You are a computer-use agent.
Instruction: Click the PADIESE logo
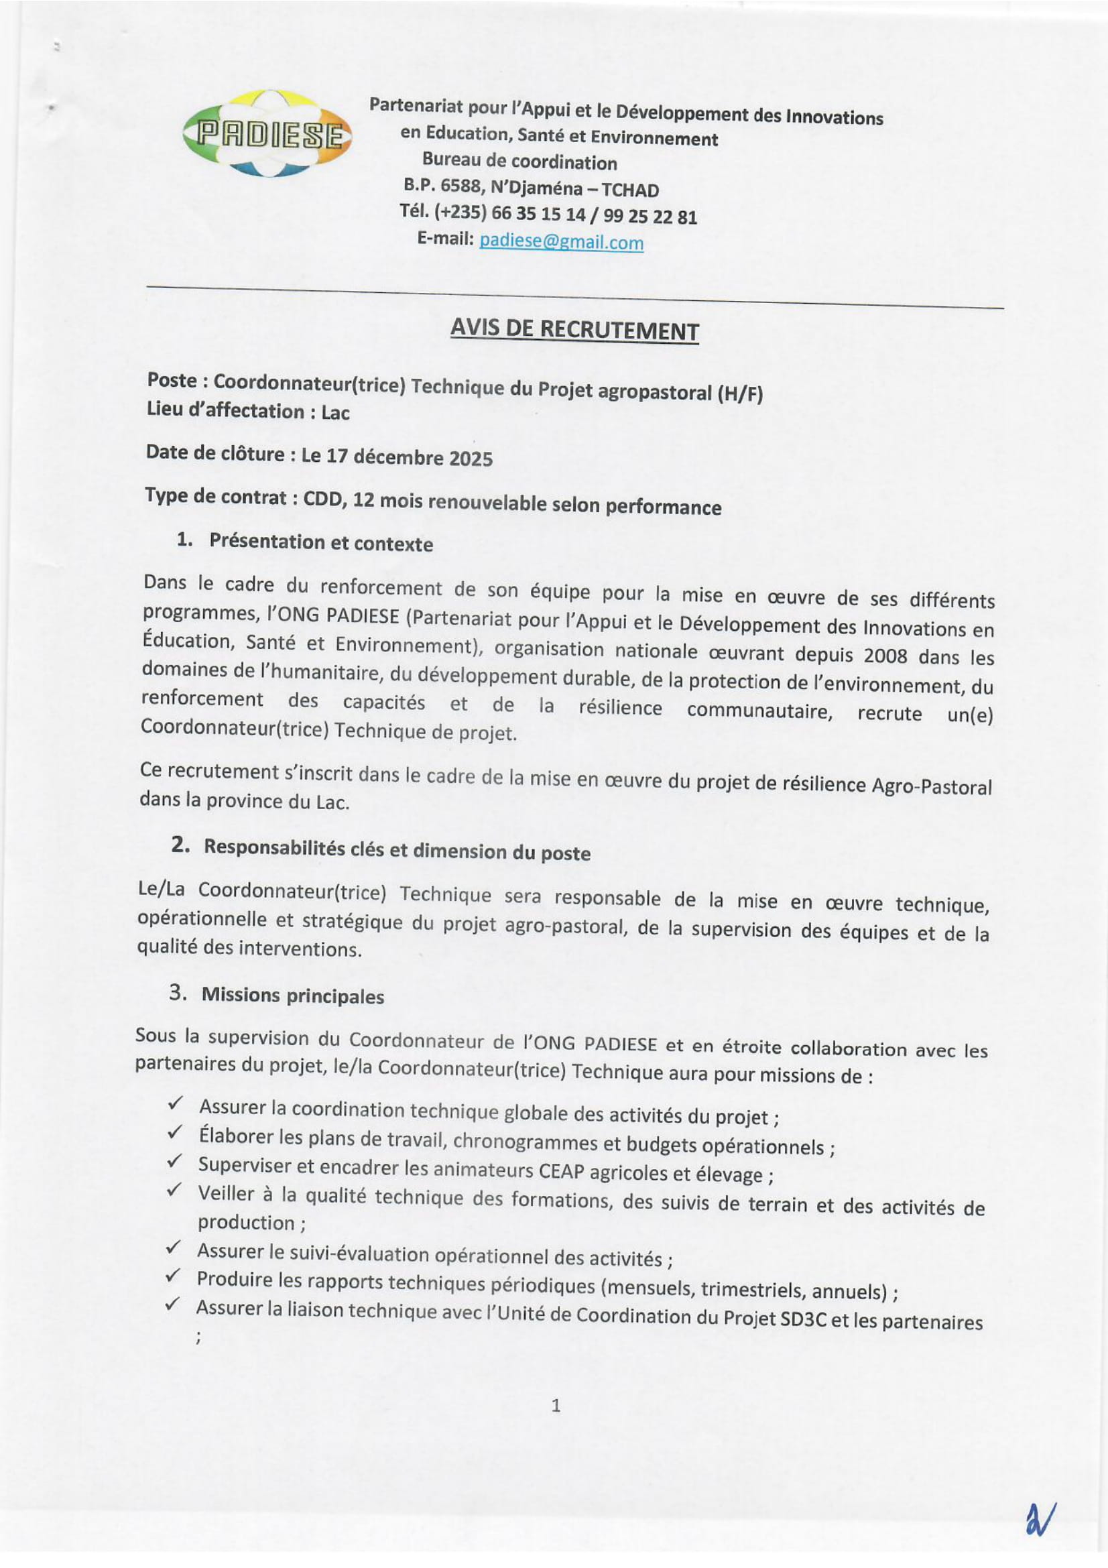pos(267,134)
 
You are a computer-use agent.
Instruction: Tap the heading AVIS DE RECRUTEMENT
pos(574,330)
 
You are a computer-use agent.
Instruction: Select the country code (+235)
pos(460,212)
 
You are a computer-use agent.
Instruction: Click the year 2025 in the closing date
pos(471,459)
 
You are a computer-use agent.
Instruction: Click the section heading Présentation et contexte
pos(321,542)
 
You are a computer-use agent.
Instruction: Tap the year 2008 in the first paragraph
pos(885,656)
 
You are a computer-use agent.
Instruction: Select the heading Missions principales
pos(292,995)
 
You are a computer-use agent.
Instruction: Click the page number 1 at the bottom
pos(556,1406)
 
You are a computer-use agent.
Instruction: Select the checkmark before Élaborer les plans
pos(175,1133)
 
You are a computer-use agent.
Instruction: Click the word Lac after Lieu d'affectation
pos(335,412)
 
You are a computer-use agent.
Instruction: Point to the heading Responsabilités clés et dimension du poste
pos(397,849)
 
